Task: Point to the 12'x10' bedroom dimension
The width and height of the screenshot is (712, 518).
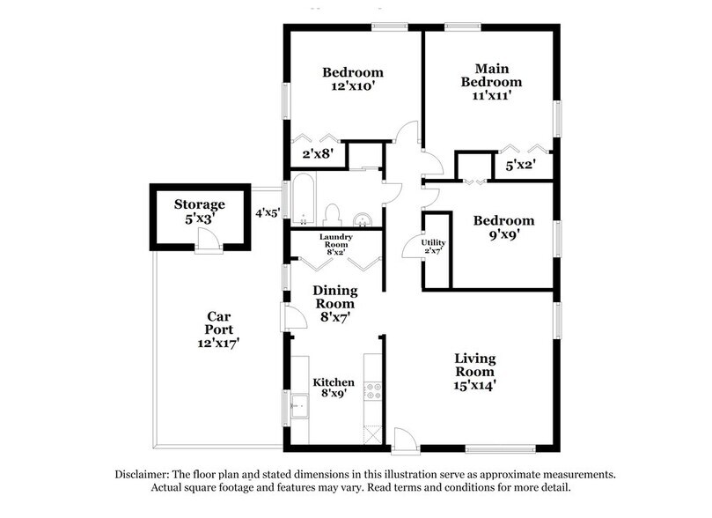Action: (x=353, y=88)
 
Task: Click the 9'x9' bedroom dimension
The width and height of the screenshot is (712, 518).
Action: (x=503, y=236)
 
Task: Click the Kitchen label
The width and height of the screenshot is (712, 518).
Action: (x=334, y=382)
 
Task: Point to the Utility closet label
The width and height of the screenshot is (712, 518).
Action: (x=433, y=243)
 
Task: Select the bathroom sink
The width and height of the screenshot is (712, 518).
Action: (x=362, y=218)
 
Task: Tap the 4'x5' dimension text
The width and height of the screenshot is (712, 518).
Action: (x=267, y=212)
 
